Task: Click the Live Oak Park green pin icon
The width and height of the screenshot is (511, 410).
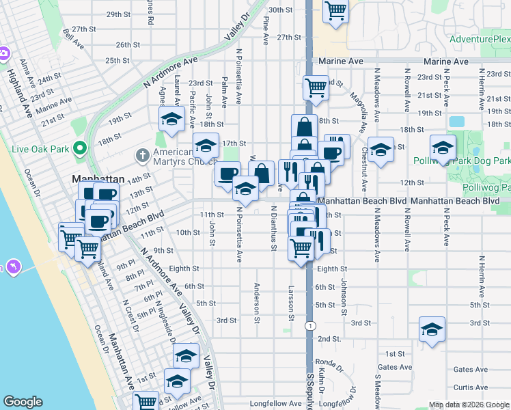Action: click(80, 148)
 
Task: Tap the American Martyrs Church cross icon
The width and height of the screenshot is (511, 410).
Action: click(142, 154)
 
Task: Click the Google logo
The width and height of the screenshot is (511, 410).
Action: click(23, 402)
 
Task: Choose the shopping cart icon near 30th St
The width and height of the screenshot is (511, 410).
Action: click(335, 11)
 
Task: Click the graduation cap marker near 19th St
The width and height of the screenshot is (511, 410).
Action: click(171, 119)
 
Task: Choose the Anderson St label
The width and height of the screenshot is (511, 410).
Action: click(258, 302)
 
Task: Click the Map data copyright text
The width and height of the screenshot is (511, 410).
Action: click(469, 404)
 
